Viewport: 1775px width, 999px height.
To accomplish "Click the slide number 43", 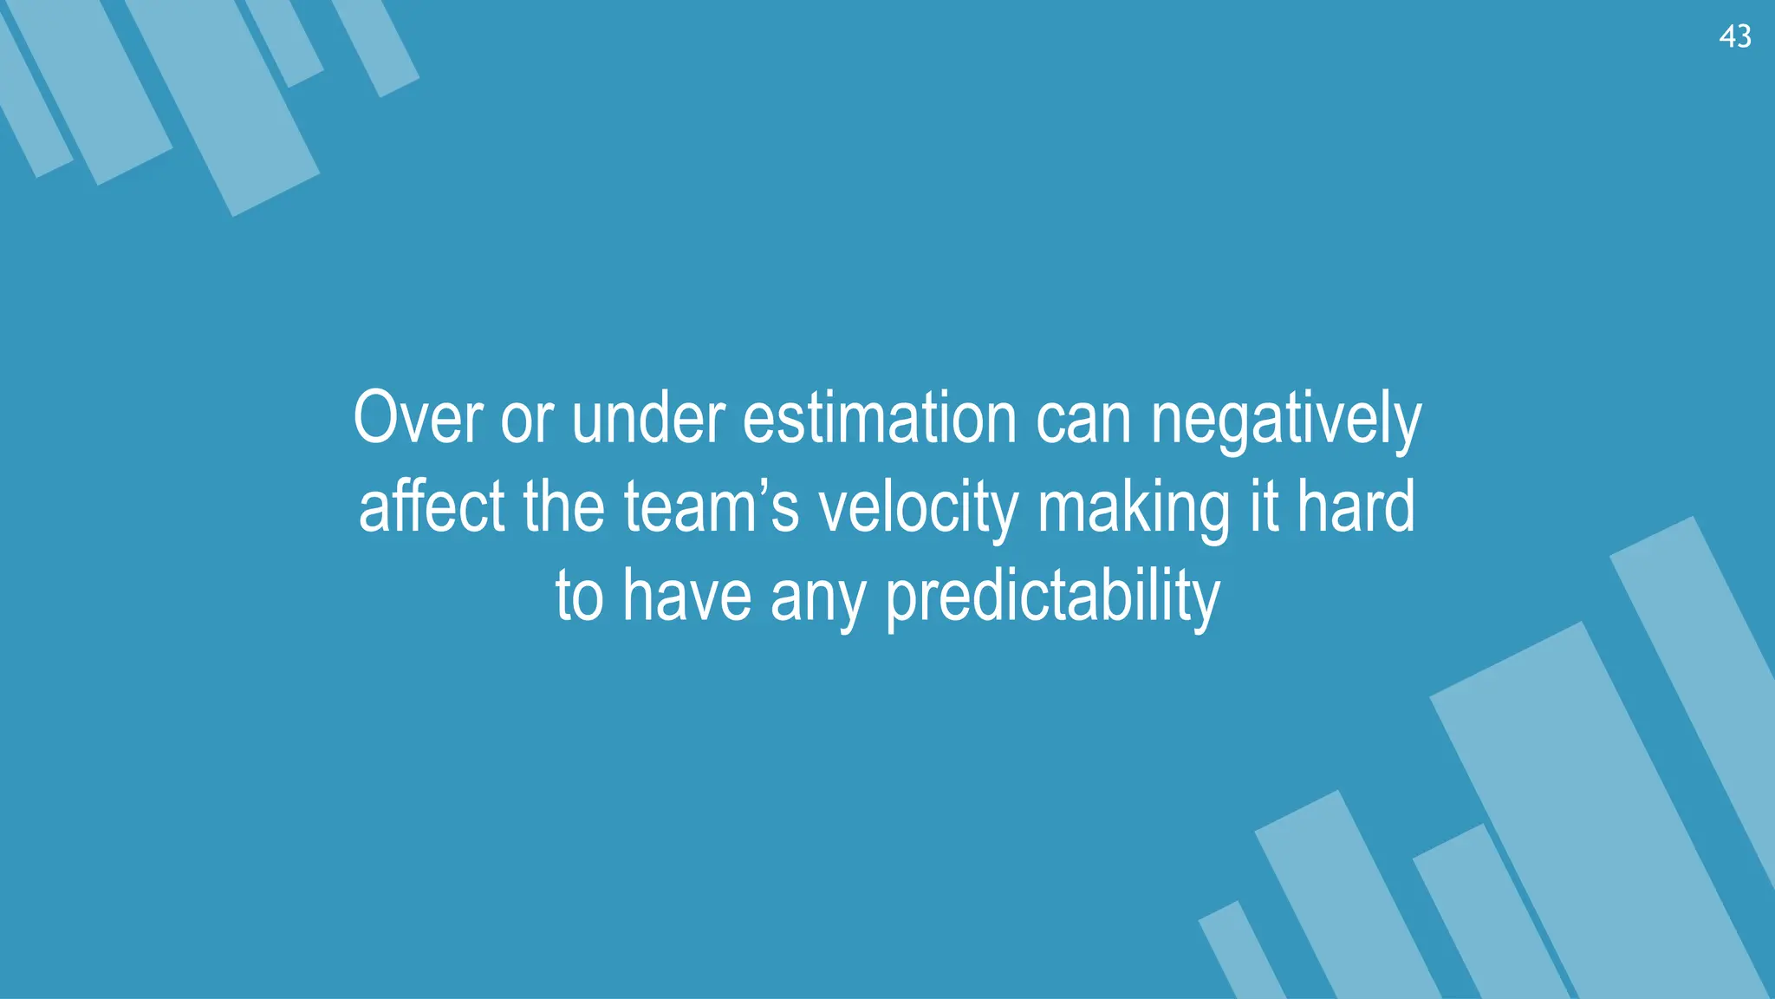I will pyautogui.click(x=1734, y=36).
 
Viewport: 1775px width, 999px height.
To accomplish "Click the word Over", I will pyautogui.click(x=418, y=418).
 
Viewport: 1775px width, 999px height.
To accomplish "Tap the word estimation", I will pyautogui.click(x=879, y=418).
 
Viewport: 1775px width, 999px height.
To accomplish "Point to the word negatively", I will pyautogui.click(x=1285, y=420).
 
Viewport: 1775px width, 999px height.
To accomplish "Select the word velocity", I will pyautogui.click(x=918, y=508).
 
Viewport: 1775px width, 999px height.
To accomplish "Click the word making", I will pyautogui.click(x=1133, y=508).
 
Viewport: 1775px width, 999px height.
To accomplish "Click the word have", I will pyautogui.click(x=686, y=596).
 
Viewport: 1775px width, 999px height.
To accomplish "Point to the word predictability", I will pyautogui.click(x=1052, y=597).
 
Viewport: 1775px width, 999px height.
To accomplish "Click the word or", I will pyautogui.click(x=526, y=420).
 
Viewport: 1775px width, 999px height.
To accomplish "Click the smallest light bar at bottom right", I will pyautogui.click(x=1240, y=954).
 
